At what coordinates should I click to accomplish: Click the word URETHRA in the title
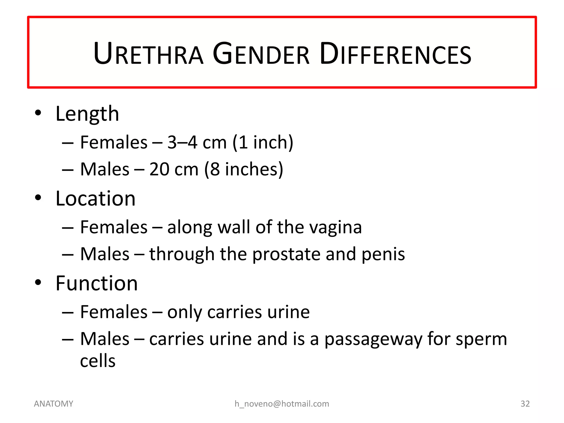click(148, 54)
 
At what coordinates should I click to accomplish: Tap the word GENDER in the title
click(261, 54)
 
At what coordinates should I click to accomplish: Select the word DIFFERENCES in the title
click(395, 54)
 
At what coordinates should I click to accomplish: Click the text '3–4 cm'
click(197, 142)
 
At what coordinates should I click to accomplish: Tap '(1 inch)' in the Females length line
click(263, 142)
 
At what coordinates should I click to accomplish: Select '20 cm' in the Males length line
click(174, 169)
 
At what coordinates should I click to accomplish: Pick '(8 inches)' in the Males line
click(244, 169)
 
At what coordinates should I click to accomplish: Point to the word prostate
click(286, 254)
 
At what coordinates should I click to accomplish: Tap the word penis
click(383, 254)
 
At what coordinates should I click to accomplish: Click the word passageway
click(373, 339)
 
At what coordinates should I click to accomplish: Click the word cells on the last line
click(98, 361)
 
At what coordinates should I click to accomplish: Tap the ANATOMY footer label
click(53, 404)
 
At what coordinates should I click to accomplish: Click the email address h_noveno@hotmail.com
click(282, 404)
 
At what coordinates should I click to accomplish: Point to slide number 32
click(525, 404)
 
